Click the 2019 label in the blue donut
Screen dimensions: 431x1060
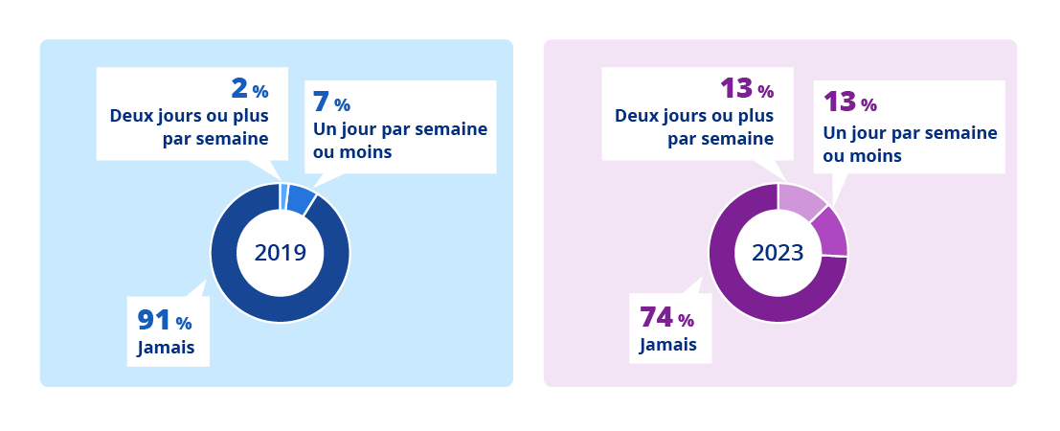pos(280,253)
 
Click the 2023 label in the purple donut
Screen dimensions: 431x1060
pos(778,253)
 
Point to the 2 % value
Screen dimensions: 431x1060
pos(249,89)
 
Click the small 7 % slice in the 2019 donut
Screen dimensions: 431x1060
pos(300,198)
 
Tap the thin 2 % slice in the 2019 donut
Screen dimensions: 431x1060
pos(284,194)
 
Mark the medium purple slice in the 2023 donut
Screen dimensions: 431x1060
pos(831,233)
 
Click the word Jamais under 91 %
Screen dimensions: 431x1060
pos(166,348)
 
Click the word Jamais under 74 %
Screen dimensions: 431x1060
pos(667,345)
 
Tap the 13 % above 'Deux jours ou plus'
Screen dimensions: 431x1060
pos(746,89)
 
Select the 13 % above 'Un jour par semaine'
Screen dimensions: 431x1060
pos(849,102)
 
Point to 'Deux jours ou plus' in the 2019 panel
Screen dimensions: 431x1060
pos(190,116)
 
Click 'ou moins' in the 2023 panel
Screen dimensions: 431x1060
pos(862,155)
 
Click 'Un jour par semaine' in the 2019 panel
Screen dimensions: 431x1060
pos(400,129)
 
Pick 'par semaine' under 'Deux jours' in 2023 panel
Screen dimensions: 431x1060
pos(720,139)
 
